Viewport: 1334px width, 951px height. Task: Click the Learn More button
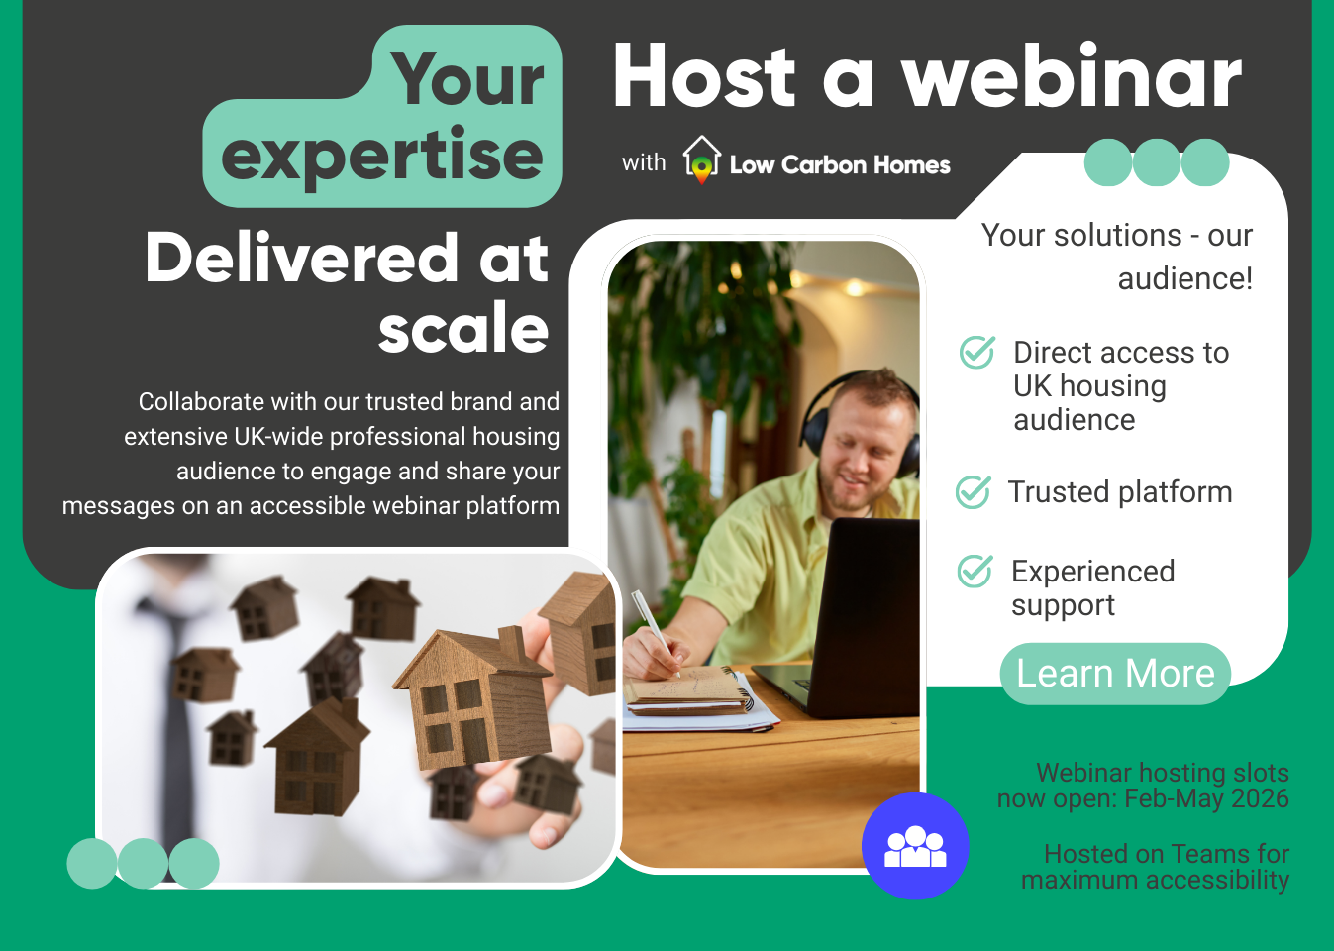pos(1115,674)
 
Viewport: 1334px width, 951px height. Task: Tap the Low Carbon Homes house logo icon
pos(701,159)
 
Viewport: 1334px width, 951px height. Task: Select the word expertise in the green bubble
pos(382,157)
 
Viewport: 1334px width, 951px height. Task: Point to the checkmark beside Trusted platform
pos(973,491)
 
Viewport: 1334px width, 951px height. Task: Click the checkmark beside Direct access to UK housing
pos(976,352)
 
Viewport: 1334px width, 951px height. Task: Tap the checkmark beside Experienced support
pos(975,571)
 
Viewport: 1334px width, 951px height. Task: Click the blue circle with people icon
pos(914,846)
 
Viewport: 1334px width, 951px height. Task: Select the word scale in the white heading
pos(463,329)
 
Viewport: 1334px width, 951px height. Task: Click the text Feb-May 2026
pos(1206,798)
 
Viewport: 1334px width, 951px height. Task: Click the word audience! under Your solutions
pos(1184,278)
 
